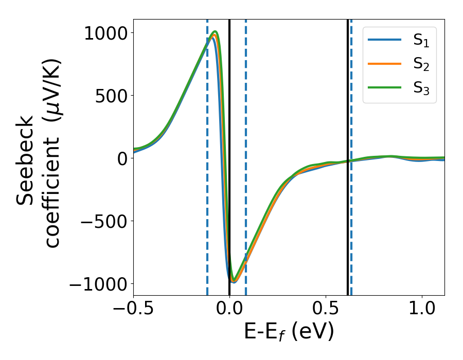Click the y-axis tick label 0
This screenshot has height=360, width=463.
coord(121,158)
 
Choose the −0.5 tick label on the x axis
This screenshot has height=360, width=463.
coord(134,310)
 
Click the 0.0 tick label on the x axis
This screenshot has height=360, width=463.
coord(229,310)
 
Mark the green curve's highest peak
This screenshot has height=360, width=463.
coord(215,32)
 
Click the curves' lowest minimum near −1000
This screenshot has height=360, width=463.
coord(234,281)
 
